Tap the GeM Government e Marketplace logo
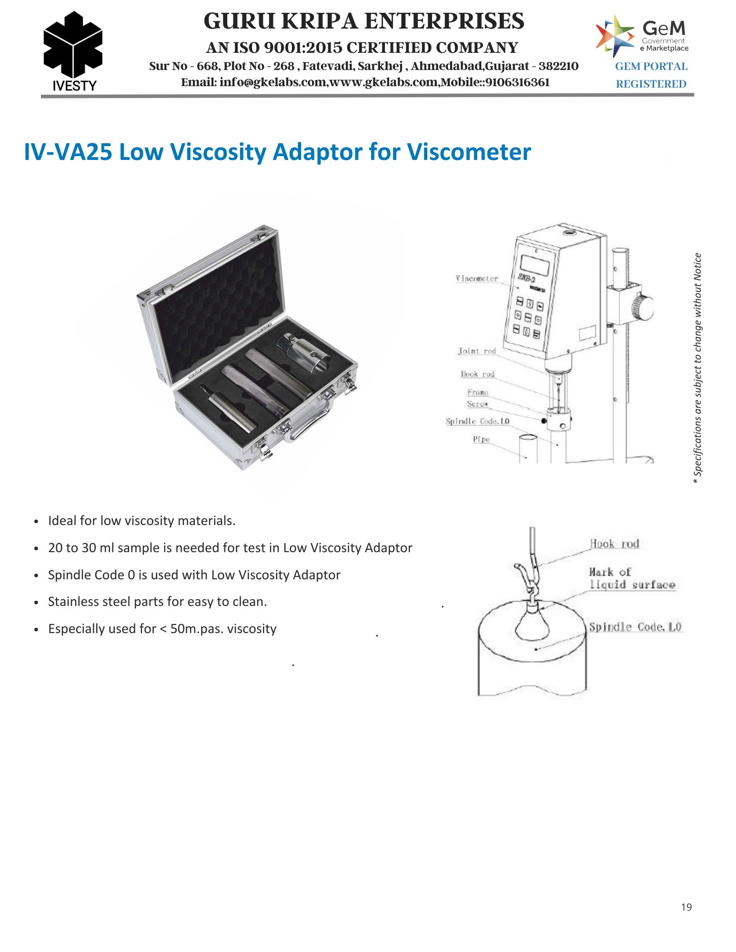click(642, 36)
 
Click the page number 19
click(686, 907)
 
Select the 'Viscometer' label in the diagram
click(476, 278)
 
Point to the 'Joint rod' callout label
click(477, 351)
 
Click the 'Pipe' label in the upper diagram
click(481, 439)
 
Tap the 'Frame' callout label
click(477, 392)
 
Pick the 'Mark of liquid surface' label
click(632, 578)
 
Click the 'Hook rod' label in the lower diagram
click(615, 544)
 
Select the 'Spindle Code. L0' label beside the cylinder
click(635, 627)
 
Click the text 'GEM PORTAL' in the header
click(651, 67)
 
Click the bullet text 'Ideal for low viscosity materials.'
click(142, 521)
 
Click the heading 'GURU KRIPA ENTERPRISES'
click(364, 21)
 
